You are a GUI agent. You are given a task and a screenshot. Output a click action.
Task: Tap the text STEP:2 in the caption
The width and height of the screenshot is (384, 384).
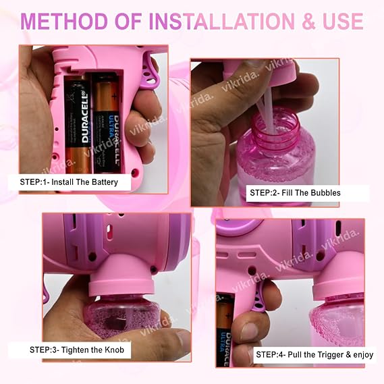(x=264, y=193)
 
